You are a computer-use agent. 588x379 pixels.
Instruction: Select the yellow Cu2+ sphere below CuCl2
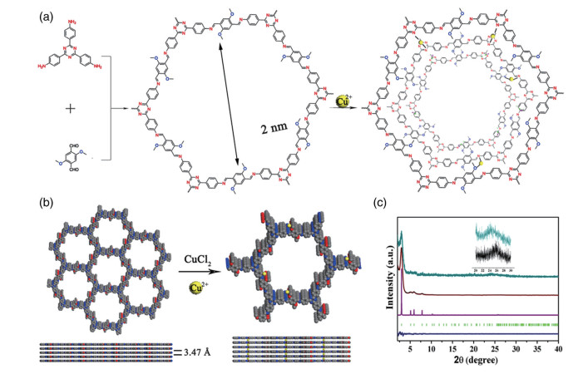(x=200, y=284)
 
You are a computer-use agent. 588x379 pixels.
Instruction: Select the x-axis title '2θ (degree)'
(x=477, y=362)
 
